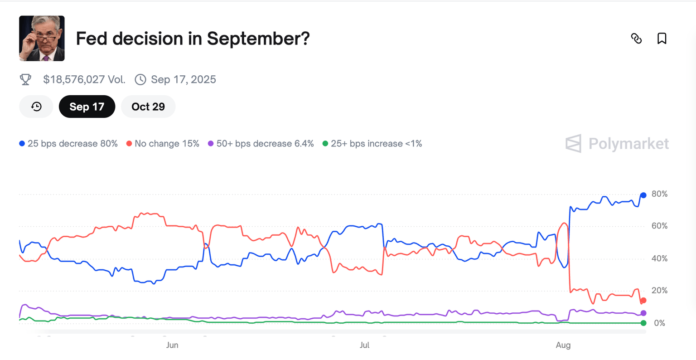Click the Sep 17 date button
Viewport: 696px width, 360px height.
tap(87, 107)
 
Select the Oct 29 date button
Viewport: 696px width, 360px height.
tap(148, 107)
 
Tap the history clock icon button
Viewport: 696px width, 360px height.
tap(36, 107)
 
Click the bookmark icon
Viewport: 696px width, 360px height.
tap(662, 39)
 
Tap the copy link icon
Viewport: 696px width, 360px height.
tap(636, 39)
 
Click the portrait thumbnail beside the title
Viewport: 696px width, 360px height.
tap(42, 39)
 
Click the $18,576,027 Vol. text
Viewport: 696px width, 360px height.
tap(84, 80)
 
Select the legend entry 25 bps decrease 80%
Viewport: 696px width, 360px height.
tap(68, 144)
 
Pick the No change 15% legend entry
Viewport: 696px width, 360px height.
tap(163, 144)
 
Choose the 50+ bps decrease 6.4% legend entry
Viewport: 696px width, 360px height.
tap(261, 144)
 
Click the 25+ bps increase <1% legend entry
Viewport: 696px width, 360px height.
tap(372, 144)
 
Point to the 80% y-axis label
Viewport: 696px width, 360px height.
tap(659, 194)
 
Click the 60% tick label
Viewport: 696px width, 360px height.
tap(659, 226)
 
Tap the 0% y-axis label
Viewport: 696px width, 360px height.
tap(660, 323)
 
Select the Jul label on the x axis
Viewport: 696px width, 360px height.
tap(364, 345)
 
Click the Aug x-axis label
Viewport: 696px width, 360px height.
tap(563, 345)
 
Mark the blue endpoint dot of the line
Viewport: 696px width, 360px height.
tap(643, 195)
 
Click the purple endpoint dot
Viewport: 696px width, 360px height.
tap(643, 313)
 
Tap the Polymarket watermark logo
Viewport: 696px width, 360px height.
tap(617, 144)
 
